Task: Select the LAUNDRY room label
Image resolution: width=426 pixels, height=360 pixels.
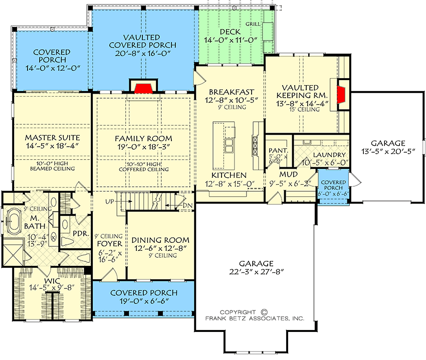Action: click(x=328, y=155)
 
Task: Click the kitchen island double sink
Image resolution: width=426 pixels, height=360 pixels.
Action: click(x=230, y=146)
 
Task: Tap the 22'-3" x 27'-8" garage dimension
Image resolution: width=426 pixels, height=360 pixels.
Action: click(x=256, y=273)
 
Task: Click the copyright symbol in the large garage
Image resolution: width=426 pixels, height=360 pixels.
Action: click(x=265, y=311)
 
